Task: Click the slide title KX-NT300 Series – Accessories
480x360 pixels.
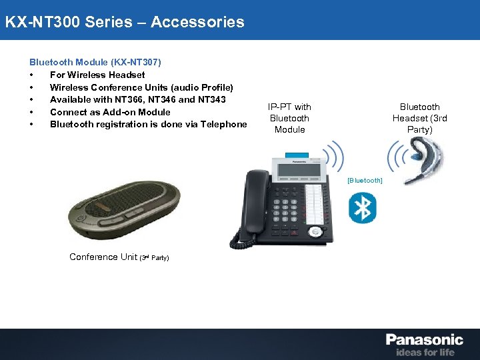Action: pos(125,22)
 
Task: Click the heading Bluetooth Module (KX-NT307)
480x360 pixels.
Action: pos(95,62)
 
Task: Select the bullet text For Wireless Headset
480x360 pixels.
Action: pos(97,75)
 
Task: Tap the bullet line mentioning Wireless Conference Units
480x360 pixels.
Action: pos(141,87)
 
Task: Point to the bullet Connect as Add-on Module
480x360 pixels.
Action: pos(110,112)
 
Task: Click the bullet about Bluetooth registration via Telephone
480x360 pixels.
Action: pos(148,124)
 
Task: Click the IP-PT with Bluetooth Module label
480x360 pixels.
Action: pos(289,118)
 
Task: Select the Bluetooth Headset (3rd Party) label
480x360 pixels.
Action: pos(419,118)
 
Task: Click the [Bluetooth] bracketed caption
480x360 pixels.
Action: pos(365,181)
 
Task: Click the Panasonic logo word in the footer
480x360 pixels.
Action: pos(424,340)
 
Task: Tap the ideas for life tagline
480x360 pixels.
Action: pos(425,352)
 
